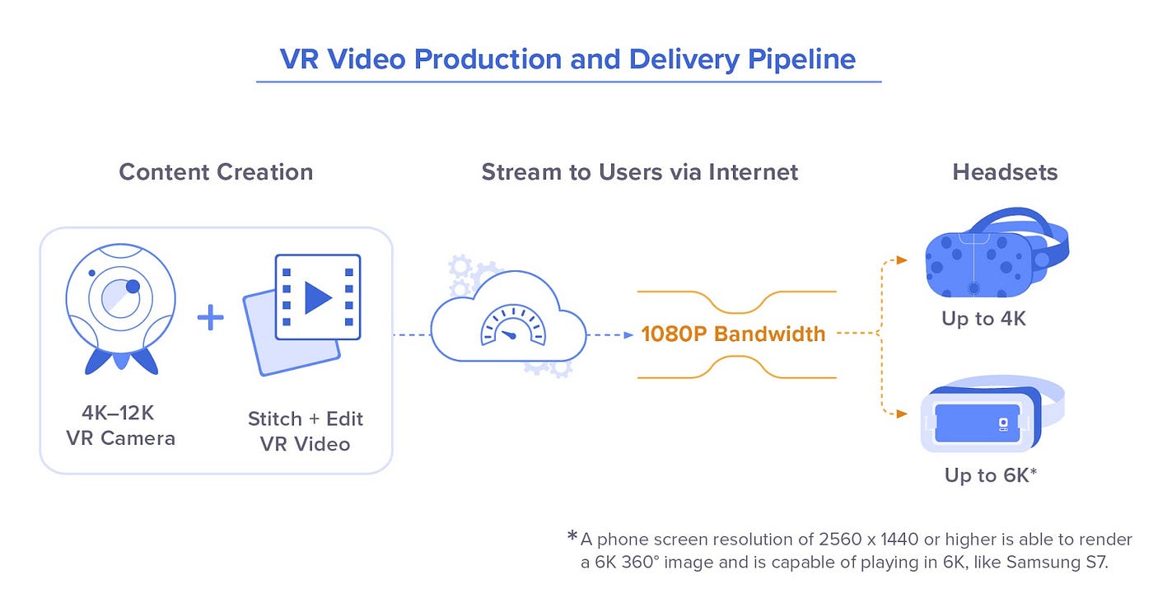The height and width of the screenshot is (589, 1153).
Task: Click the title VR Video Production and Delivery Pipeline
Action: coord(567,59)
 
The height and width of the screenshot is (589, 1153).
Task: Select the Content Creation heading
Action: coord(216,172)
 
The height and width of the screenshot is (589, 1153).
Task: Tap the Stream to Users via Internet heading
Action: coord(640,172)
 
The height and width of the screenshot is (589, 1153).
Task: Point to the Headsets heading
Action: coord(1005,172)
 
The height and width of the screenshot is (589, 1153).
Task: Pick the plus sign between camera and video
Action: coord(211,317)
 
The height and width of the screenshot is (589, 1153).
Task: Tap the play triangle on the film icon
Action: coord(317,297)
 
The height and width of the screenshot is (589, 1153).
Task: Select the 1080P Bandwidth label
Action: coord(733,334)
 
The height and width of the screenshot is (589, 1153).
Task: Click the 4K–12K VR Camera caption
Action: coord(120,426)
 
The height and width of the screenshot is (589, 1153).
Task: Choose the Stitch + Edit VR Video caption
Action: coord(305,431)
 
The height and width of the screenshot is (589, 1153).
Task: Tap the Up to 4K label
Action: coord(983,319)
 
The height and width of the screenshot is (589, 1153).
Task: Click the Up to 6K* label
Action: coord(990,475)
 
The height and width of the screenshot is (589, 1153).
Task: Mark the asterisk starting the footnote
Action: coord(572,537)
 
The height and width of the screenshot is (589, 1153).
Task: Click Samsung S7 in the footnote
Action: coord(1077,563)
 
